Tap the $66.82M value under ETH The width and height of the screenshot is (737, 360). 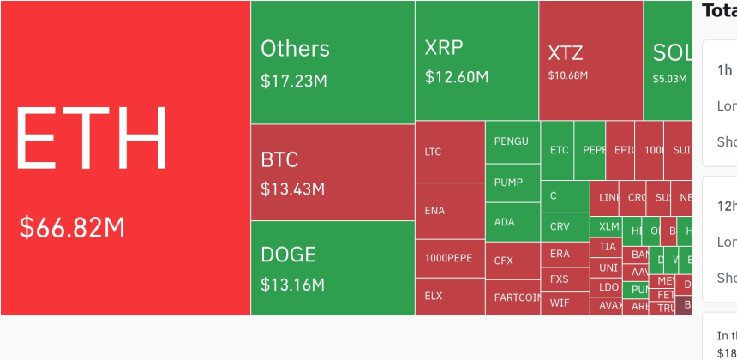72,228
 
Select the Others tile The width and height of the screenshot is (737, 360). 333,62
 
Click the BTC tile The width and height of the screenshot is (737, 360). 333,171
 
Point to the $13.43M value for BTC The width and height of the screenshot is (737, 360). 292,189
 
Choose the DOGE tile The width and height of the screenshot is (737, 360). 333,267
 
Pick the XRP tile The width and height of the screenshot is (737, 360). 476,60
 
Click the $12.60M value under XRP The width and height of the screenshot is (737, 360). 457,77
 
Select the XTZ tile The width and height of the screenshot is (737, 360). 590,60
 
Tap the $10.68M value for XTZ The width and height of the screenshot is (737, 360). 568,75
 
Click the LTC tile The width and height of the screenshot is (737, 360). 450,152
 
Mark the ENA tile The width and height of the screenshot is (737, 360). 450,211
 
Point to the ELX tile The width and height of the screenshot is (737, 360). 450,296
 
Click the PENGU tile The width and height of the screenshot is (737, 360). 512,141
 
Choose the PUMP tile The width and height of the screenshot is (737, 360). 512,183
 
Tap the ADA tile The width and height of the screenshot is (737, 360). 512,222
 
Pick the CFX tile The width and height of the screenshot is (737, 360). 512,261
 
